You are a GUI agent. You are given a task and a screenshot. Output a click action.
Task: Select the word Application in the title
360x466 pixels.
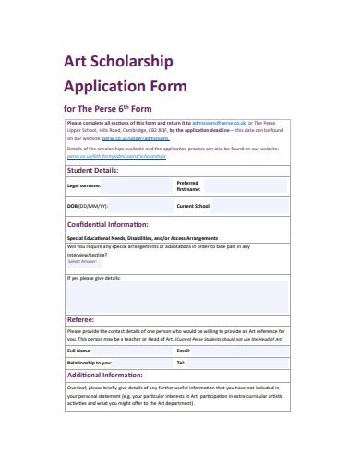pos(102,89)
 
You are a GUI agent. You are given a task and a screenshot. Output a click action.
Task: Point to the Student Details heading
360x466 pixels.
pos(92,170)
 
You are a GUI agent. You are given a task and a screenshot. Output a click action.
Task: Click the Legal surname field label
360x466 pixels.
pos(83,185)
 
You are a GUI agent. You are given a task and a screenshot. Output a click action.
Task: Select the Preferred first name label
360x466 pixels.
pos(188,185)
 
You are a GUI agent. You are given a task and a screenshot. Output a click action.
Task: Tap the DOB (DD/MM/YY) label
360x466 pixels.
pos(88,207)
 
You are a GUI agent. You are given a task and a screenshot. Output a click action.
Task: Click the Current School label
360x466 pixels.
pos(196,207)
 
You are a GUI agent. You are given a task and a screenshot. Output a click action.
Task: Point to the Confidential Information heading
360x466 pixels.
pos(111,223)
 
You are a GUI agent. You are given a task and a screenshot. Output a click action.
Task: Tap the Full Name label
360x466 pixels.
pos(78,352)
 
